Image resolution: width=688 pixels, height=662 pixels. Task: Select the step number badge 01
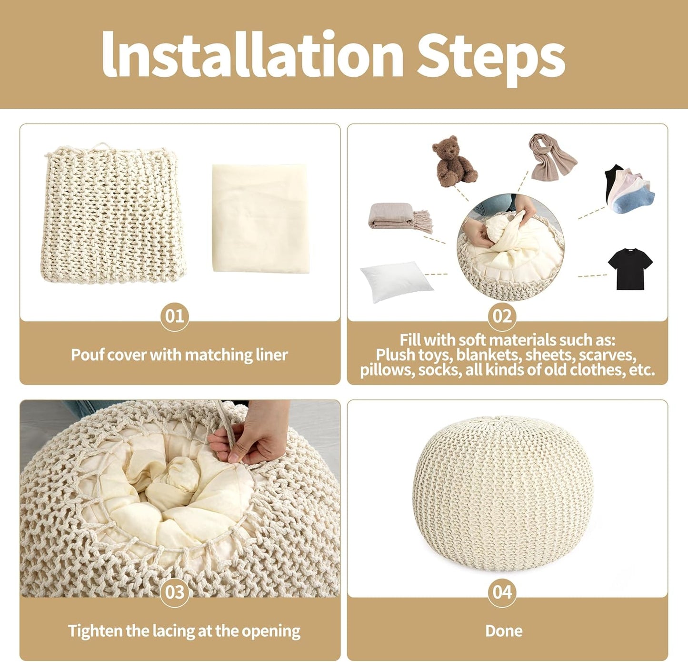[x=174, y=316]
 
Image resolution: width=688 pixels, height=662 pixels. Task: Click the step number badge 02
[x=502, y=316]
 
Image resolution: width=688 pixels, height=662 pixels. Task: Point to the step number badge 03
[x=174, y=592]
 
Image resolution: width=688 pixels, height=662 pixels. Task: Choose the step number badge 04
[x=502, y=592]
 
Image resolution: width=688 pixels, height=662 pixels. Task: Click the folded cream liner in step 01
[x=260, y=217]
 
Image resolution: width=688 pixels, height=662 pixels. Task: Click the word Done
[x=504, y=631]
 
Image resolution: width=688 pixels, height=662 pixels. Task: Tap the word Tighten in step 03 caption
[x=95, y=631]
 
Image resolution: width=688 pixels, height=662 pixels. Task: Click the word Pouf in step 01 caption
[x=85, y=355]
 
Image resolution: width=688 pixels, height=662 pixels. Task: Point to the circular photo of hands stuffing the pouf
[x=510, y=247]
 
